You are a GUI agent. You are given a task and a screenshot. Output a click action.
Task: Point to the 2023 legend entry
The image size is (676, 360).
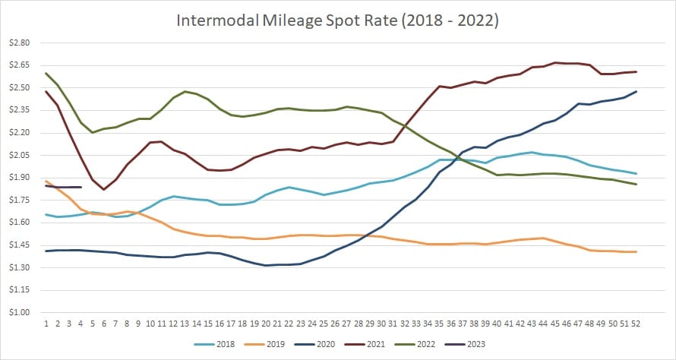[501, 343]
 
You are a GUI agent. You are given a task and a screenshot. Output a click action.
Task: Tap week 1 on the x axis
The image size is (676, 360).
[46, 324]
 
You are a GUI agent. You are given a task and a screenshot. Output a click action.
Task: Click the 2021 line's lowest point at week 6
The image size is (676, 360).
[103, 190]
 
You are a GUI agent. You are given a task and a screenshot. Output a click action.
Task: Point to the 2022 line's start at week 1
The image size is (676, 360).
[46, 74]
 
